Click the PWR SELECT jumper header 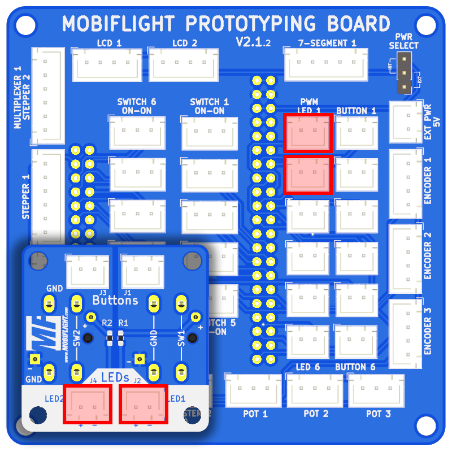(405, 73)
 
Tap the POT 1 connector (253, 390)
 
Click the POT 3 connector (377, 390)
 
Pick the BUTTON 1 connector (357, 133)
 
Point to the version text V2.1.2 (253, 42)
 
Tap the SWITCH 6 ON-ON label (136, 106)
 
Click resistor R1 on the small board (120, 338)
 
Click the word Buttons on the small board (115, 300)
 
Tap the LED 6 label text (308, 367)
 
